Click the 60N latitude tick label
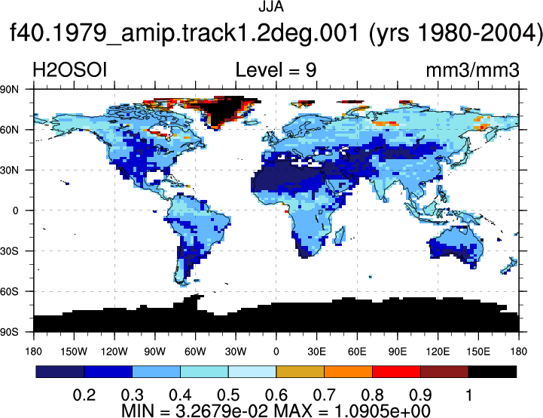coord(9,130)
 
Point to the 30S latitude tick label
coord(9,251)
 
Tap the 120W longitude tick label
coord(114,352)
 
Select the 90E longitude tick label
coord(397,352)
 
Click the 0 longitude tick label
coord(276,352)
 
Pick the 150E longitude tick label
coord(478,352)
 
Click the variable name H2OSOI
coord(69,70)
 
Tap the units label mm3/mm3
coord(472,70)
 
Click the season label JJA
coord(271,7)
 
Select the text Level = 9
coord(276,70)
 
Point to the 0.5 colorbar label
coord(228,395)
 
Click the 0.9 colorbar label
coord(420,395)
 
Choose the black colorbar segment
coord(493,371)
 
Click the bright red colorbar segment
coord(396,371)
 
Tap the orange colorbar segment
coord(349,371)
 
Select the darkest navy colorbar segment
coord(60,371)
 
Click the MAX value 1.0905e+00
coord(383,411)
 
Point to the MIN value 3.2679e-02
coord(221,411)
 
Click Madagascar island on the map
coord(340,235)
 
